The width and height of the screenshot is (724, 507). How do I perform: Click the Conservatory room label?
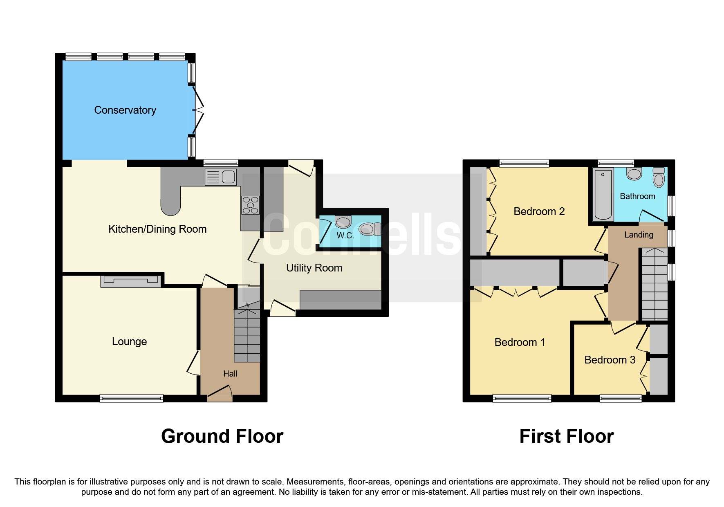[125, 110]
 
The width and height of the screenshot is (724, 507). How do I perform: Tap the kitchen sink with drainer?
[221, 177]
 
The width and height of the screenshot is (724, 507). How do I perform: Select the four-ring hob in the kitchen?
[250, 205]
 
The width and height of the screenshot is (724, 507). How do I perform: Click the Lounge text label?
[129, 341]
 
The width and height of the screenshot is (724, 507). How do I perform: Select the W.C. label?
[345, 236]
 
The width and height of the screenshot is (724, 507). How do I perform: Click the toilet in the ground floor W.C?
[370, 229]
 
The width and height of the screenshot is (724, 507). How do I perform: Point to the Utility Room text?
[314, 268]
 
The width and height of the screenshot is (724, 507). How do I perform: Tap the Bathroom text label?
[637, 196]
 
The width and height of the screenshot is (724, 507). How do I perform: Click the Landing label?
[639, 235]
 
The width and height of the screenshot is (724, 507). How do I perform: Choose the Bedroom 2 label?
[539, 211]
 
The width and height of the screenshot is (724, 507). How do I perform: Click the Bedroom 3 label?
[610, 360]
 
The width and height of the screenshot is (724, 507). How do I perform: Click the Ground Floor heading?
[222, 436]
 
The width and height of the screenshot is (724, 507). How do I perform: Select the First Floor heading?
[566, 436]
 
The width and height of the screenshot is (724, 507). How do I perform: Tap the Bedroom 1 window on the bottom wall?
[522, 398]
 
